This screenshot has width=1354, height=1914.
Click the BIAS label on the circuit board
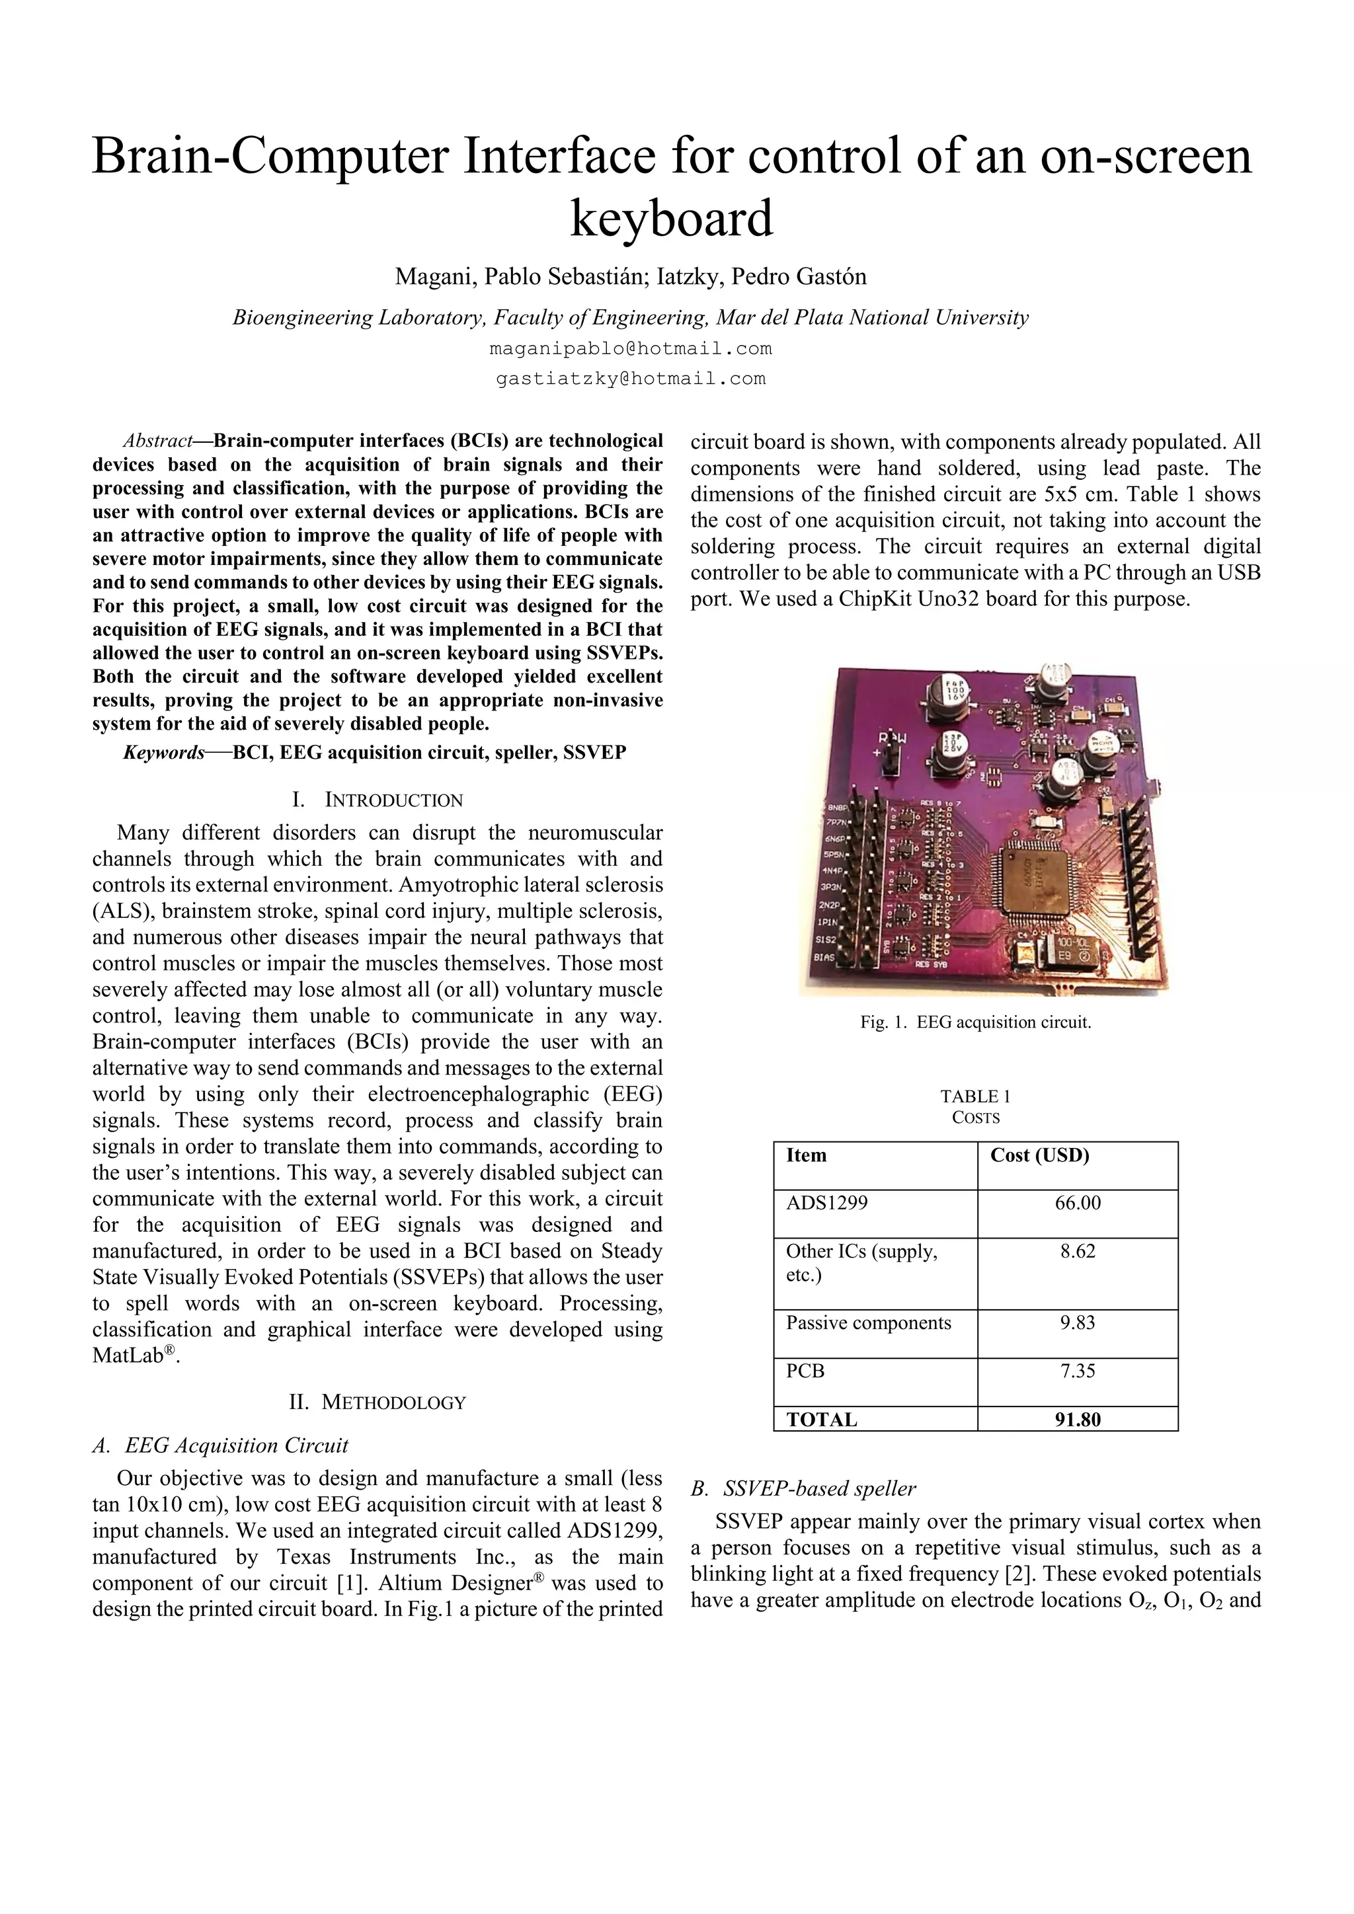tap(825, 958)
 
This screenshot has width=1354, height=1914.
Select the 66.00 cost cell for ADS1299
tap(1077, 1203)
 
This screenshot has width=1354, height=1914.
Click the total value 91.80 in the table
tap(1077, 1420)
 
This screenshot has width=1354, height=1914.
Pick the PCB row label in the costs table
tap(805, 1371)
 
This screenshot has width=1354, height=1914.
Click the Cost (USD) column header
tap(1040, 1155)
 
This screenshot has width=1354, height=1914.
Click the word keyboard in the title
tap(671, 217)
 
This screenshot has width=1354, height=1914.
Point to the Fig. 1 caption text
tap(975, 1022)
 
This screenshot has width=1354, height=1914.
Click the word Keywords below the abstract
tap(164, 753)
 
